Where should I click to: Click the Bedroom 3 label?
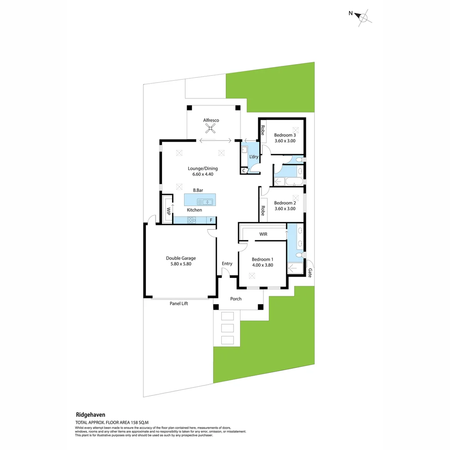pyautogui.click(x=285, y=135)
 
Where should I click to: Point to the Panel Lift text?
pyautogui.click(x=178, y=304)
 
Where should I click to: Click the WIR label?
pyautogui.click(x=263, y=235)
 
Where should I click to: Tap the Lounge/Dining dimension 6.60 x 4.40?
pyautogui.click(x=202, y=175)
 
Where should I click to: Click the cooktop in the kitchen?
pyautogui.click(x=191, y=220)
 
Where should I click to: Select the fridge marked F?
pyautogui.click(x=211, y=220)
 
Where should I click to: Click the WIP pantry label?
pyautogui.click(x=169, y=210)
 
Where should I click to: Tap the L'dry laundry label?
pyautogui.click(x=253, y=157)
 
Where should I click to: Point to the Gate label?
pyautogui.click(x=310, y=272)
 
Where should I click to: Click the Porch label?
pyautogui.click(x=236, y=299)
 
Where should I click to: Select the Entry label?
pyautogui.click(x=227, y=263)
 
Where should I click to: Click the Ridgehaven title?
pyautogui.click(x=90, y=415)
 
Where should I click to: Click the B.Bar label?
pyautogui.click(x=197, y=190)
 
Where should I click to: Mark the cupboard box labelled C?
pyautogui.click(x=244, y=170)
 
